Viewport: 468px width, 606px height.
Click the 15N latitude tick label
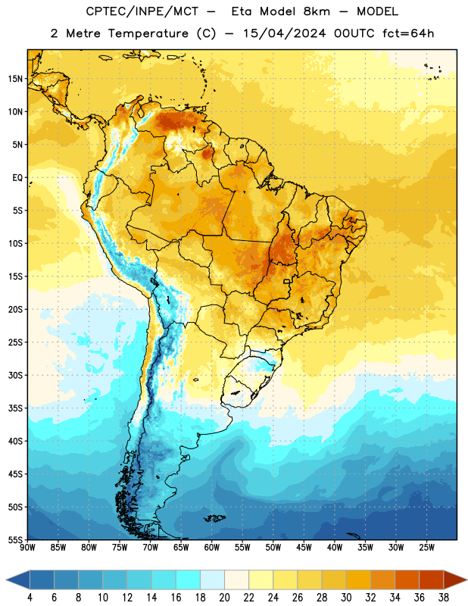click(15, 79)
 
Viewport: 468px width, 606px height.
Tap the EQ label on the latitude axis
click(17, 178)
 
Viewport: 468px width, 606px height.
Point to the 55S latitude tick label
click(15, 539)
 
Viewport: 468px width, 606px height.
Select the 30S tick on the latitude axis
click(15, 375)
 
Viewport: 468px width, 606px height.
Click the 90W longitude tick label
click(28, 548)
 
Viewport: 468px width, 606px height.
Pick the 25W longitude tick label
click(427, 548)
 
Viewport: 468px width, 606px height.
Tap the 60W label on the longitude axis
click(212, 548)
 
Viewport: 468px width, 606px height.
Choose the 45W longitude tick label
click(304, 548)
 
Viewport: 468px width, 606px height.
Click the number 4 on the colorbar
click(30, 598)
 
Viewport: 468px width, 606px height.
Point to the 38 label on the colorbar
click(444, 598)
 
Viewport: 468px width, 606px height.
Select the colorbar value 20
click(224, 598)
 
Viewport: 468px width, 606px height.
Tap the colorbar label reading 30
click(346, 598)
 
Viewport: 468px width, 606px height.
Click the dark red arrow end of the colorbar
click(454, 579)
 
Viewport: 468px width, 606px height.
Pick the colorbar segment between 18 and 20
click(213, 579)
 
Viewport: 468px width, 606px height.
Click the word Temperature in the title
click(148, 33)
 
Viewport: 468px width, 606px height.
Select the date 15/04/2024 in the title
click(285, 33)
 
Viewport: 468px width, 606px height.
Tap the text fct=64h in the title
click(408, 33)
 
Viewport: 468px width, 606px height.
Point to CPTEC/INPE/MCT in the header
click(142, 12)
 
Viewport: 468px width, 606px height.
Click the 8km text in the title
click(317, 11)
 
